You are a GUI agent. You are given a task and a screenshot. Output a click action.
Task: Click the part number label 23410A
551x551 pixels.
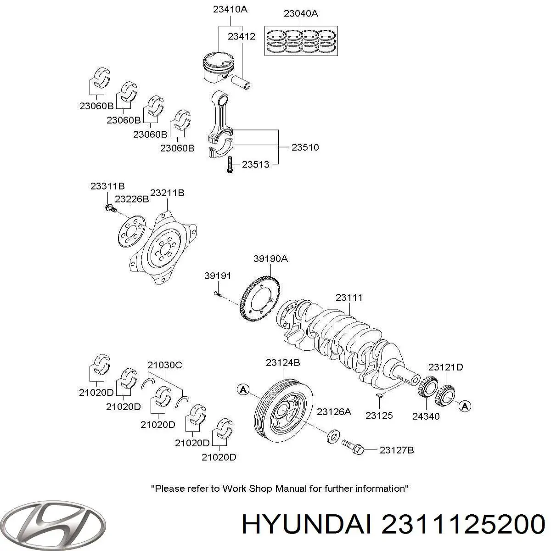pyautogui.click(x=230, y=9)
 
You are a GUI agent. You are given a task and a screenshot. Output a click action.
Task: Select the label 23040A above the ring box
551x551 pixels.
pyautogui.click(x=301, y=14)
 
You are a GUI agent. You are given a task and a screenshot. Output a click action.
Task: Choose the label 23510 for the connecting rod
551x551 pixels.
pyautogui.click(x=305, y=147)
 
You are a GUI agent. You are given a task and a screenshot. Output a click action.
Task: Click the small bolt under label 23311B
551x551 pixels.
pyautogui.click(x=109, y=209)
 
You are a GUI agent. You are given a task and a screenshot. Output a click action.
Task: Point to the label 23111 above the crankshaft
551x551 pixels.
pyautogui.click(x=349, y=298)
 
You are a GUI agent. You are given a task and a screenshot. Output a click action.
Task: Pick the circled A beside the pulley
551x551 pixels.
pyautogui.click(x=243, y=389)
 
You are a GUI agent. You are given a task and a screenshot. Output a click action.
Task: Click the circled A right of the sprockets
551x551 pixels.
pyautogui.click(x=466, y=406)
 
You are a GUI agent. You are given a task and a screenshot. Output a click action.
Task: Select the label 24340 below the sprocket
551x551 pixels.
pyautogui.click(x=426, y=416)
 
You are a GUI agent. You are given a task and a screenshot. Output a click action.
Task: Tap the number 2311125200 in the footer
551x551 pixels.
pyautogui.click(x=463, y=524)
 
